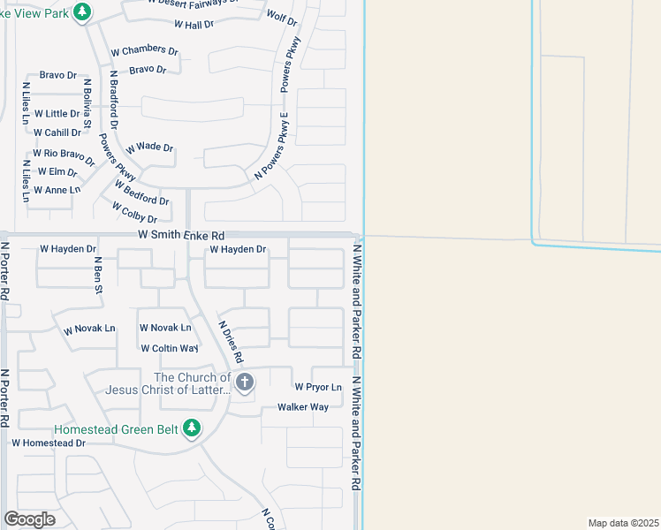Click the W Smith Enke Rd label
pos(181,236)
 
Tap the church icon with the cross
pos(245,382)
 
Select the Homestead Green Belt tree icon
pos(192,429)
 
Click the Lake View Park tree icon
pos(82,11)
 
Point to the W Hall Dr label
pos(194,25)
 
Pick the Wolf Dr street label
pos(281,18)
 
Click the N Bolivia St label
pos(87,103)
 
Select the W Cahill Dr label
pos(57,132)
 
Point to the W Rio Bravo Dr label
pos(64,157)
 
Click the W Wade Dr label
pos(149,148)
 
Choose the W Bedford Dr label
pos(141,193)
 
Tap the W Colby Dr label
pos(134,212)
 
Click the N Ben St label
pos(98,274)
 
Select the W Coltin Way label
pos(169,348)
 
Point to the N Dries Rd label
pos(230,342)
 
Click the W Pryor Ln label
pos(317,387)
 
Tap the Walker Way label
pos(303,407)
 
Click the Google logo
pos(29,519)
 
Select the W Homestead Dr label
pos(48,443)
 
